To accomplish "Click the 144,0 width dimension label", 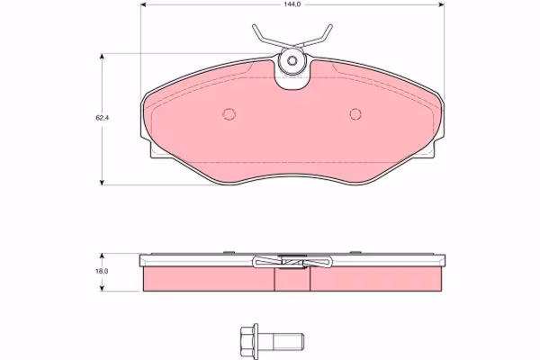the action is coord(292,4).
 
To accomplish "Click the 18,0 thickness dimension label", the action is coord(103,271).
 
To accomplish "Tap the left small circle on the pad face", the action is coord(229,113).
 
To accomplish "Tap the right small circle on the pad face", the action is coord(355,113).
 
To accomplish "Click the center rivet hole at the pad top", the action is coord(292,60).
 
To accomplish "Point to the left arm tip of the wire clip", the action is coord(254,26).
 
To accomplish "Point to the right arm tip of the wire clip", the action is coord(330,26).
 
